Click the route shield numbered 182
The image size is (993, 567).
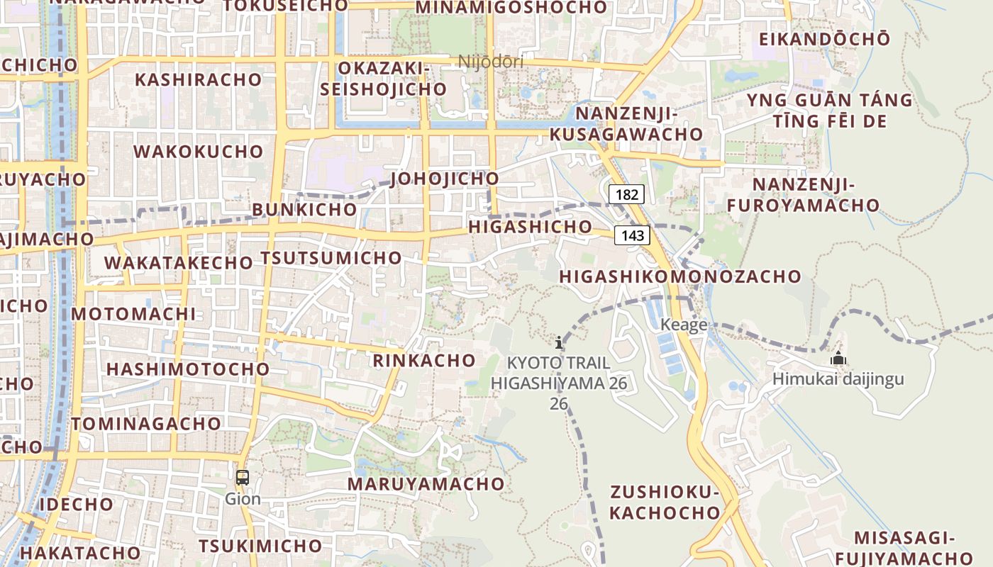(626, 194)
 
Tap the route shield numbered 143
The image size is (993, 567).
(632, 235)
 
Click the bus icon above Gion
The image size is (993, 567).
(243, 478)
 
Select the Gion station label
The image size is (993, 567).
(243, 499)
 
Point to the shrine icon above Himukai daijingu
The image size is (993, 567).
(838, 358)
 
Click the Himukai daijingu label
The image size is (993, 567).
(838, 379)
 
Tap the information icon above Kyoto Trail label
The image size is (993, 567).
(559, 343)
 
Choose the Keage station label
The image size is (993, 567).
(684, 325)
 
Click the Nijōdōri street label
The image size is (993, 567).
(491, 62)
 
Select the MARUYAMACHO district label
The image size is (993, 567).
(426, 484)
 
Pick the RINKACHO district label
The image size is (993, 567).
(424, 360)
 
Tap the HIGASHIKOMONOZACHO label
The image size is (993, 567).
(680, 276)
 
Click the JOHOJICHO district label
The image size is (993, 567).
(444, 178)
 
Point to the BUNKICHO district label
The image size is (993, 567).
(304, 210)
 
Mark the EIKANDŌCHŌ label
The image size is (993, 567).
(823, 39)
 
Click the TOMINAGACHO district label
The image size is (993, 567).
(146, 424)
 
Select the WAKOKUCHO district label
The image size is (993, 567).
(199, 152)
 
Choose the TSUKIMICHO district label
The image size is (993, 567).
(260, 546)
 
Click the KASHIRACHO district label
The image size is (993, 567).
(199, 79)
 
